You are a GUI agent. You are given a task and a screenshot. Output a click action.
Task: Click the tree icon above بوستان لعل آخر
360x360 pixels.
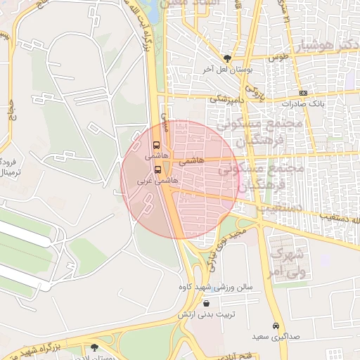coord(226,59)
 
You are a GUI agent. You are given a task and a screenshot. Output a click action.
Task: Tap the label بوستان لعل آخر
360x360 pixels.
coord(219,70)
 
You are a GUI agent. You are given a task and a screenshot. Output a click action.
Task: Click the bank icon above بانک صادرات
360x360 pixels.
coord(302,93)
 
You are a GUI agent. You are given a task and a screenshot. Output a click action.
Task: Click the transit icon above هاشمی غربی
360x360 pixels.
coord(157,169)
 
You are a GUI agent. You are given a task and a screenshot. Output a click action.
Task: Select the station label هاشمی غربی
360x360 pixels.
coord(161,181)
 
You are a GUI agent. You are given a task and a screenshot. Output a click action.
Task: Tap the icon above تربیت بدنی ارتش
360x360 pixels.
coord(205,303)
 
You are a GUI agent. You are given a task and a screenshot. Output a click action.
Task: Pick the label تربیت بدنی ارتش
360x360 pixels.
coord(205,314)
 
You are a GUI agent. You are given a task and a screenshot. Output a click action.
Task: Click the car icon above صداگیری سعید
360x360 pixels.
coord(276,326)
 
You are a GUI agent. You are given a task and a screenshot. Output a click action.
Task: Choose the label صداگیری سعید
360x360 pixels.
coord(276,337)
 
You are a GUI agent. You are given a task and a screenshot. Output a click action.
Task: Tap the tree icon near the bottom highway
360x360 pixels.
coord(95,347)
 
